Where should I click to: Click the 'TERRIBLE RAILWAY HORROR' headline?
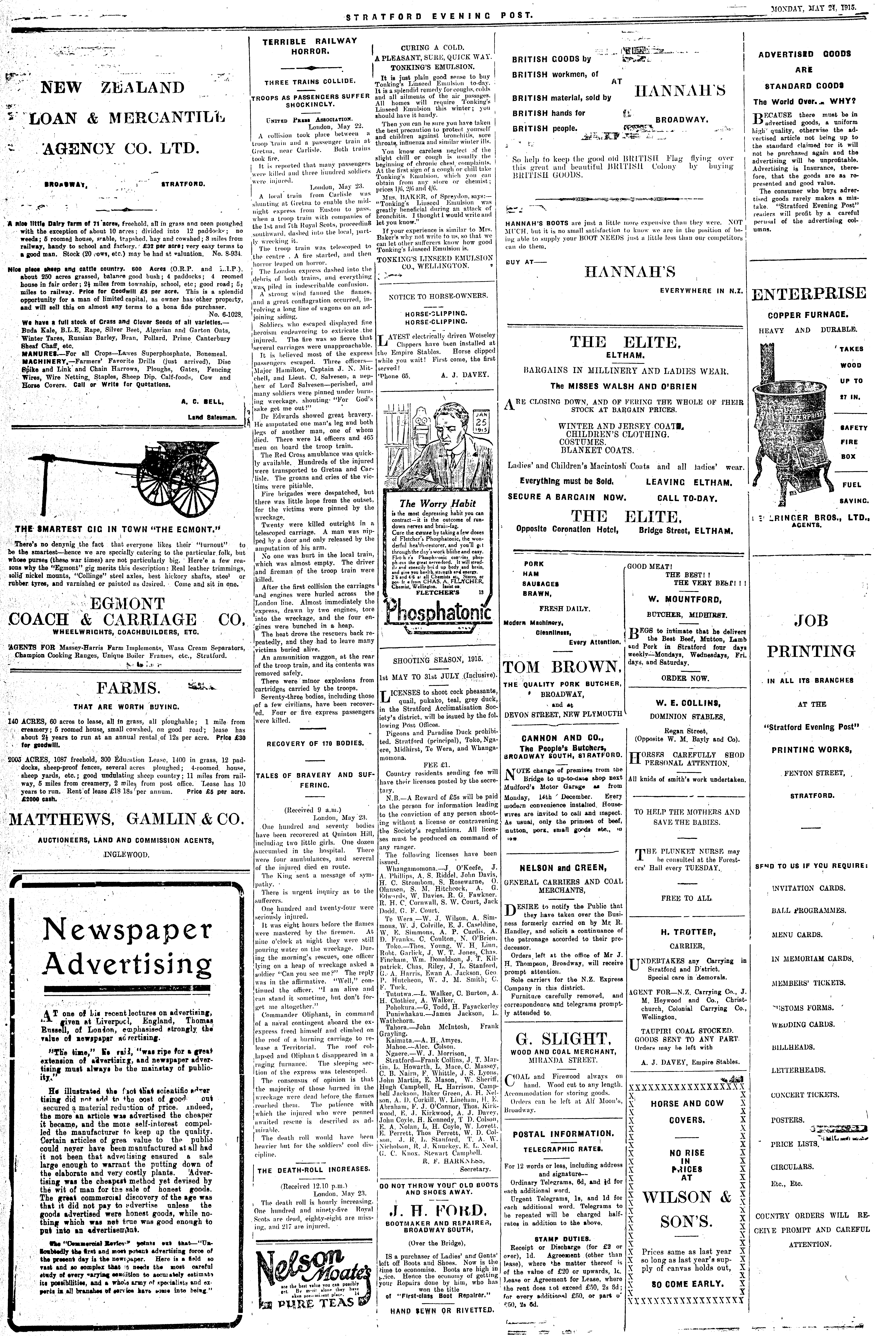(x=309, y=46)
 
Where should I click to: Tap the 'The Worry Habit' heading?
(x=437, y=503)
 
